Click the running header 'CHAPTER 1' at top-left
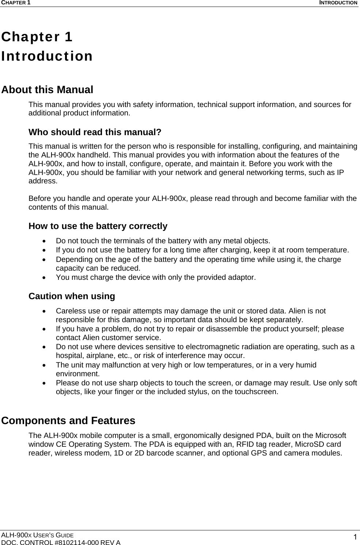click(x=16, y=3)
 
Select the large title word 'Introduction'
click(x=47, y=56)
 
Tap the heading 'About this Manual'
click(x=47, y=89)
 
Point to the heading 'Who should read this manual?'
click(x=95, y=132)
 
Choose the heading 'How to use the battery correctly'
click(x=98, y=226)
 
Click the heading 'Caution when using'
click(x=72, y=296)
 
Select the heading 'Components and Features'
click(x=68, y=420)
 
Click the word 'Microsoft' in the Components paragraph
click(x=330, y=435)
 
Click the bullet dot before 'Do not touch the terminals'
click(x=44, y=241)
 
